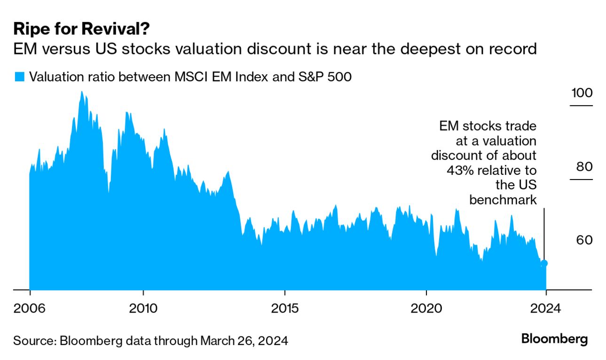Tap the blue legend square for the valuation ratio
tap(19, 77)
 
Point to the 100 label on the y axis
tap(582, 93)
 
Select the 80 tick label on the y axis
tap(582, 167)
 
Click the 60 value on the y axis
tap(582, 240)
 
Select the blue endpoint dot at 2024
tap(544, 263)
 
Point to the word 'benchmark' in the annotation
tap(503, 200)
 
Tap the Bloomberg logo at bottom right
tap(554, 338)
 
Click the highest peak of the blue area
tap(81, 92)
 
